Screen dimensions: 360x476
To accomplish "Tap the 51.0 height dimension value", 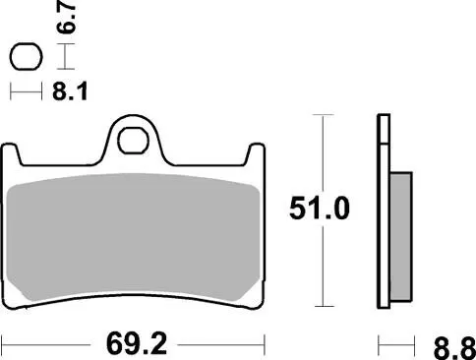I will [317, 210].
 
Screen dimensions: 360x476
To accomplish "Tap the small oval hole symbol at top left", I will [25, 57].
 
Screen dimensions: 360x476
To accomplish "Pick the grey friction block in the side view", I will [400, 236].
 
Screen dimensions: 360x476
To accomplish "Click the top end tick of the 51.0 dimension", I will [317, 116].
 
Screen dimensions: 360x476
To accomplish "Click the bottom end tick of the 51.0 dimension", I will [317, 304].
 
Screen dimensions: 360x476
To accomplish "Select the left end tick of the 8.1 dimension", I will [12, 92].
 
